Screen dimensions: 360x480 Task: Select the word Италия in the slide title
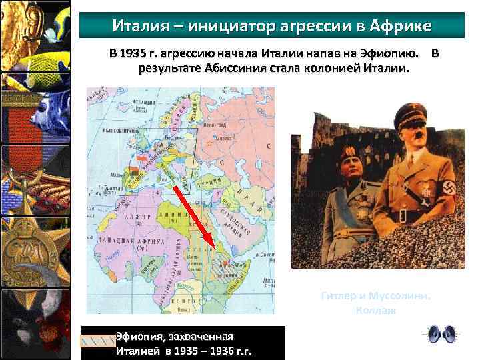point(137,26)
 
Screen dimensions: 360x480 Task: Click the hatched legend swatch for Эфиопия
point(97,342)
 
